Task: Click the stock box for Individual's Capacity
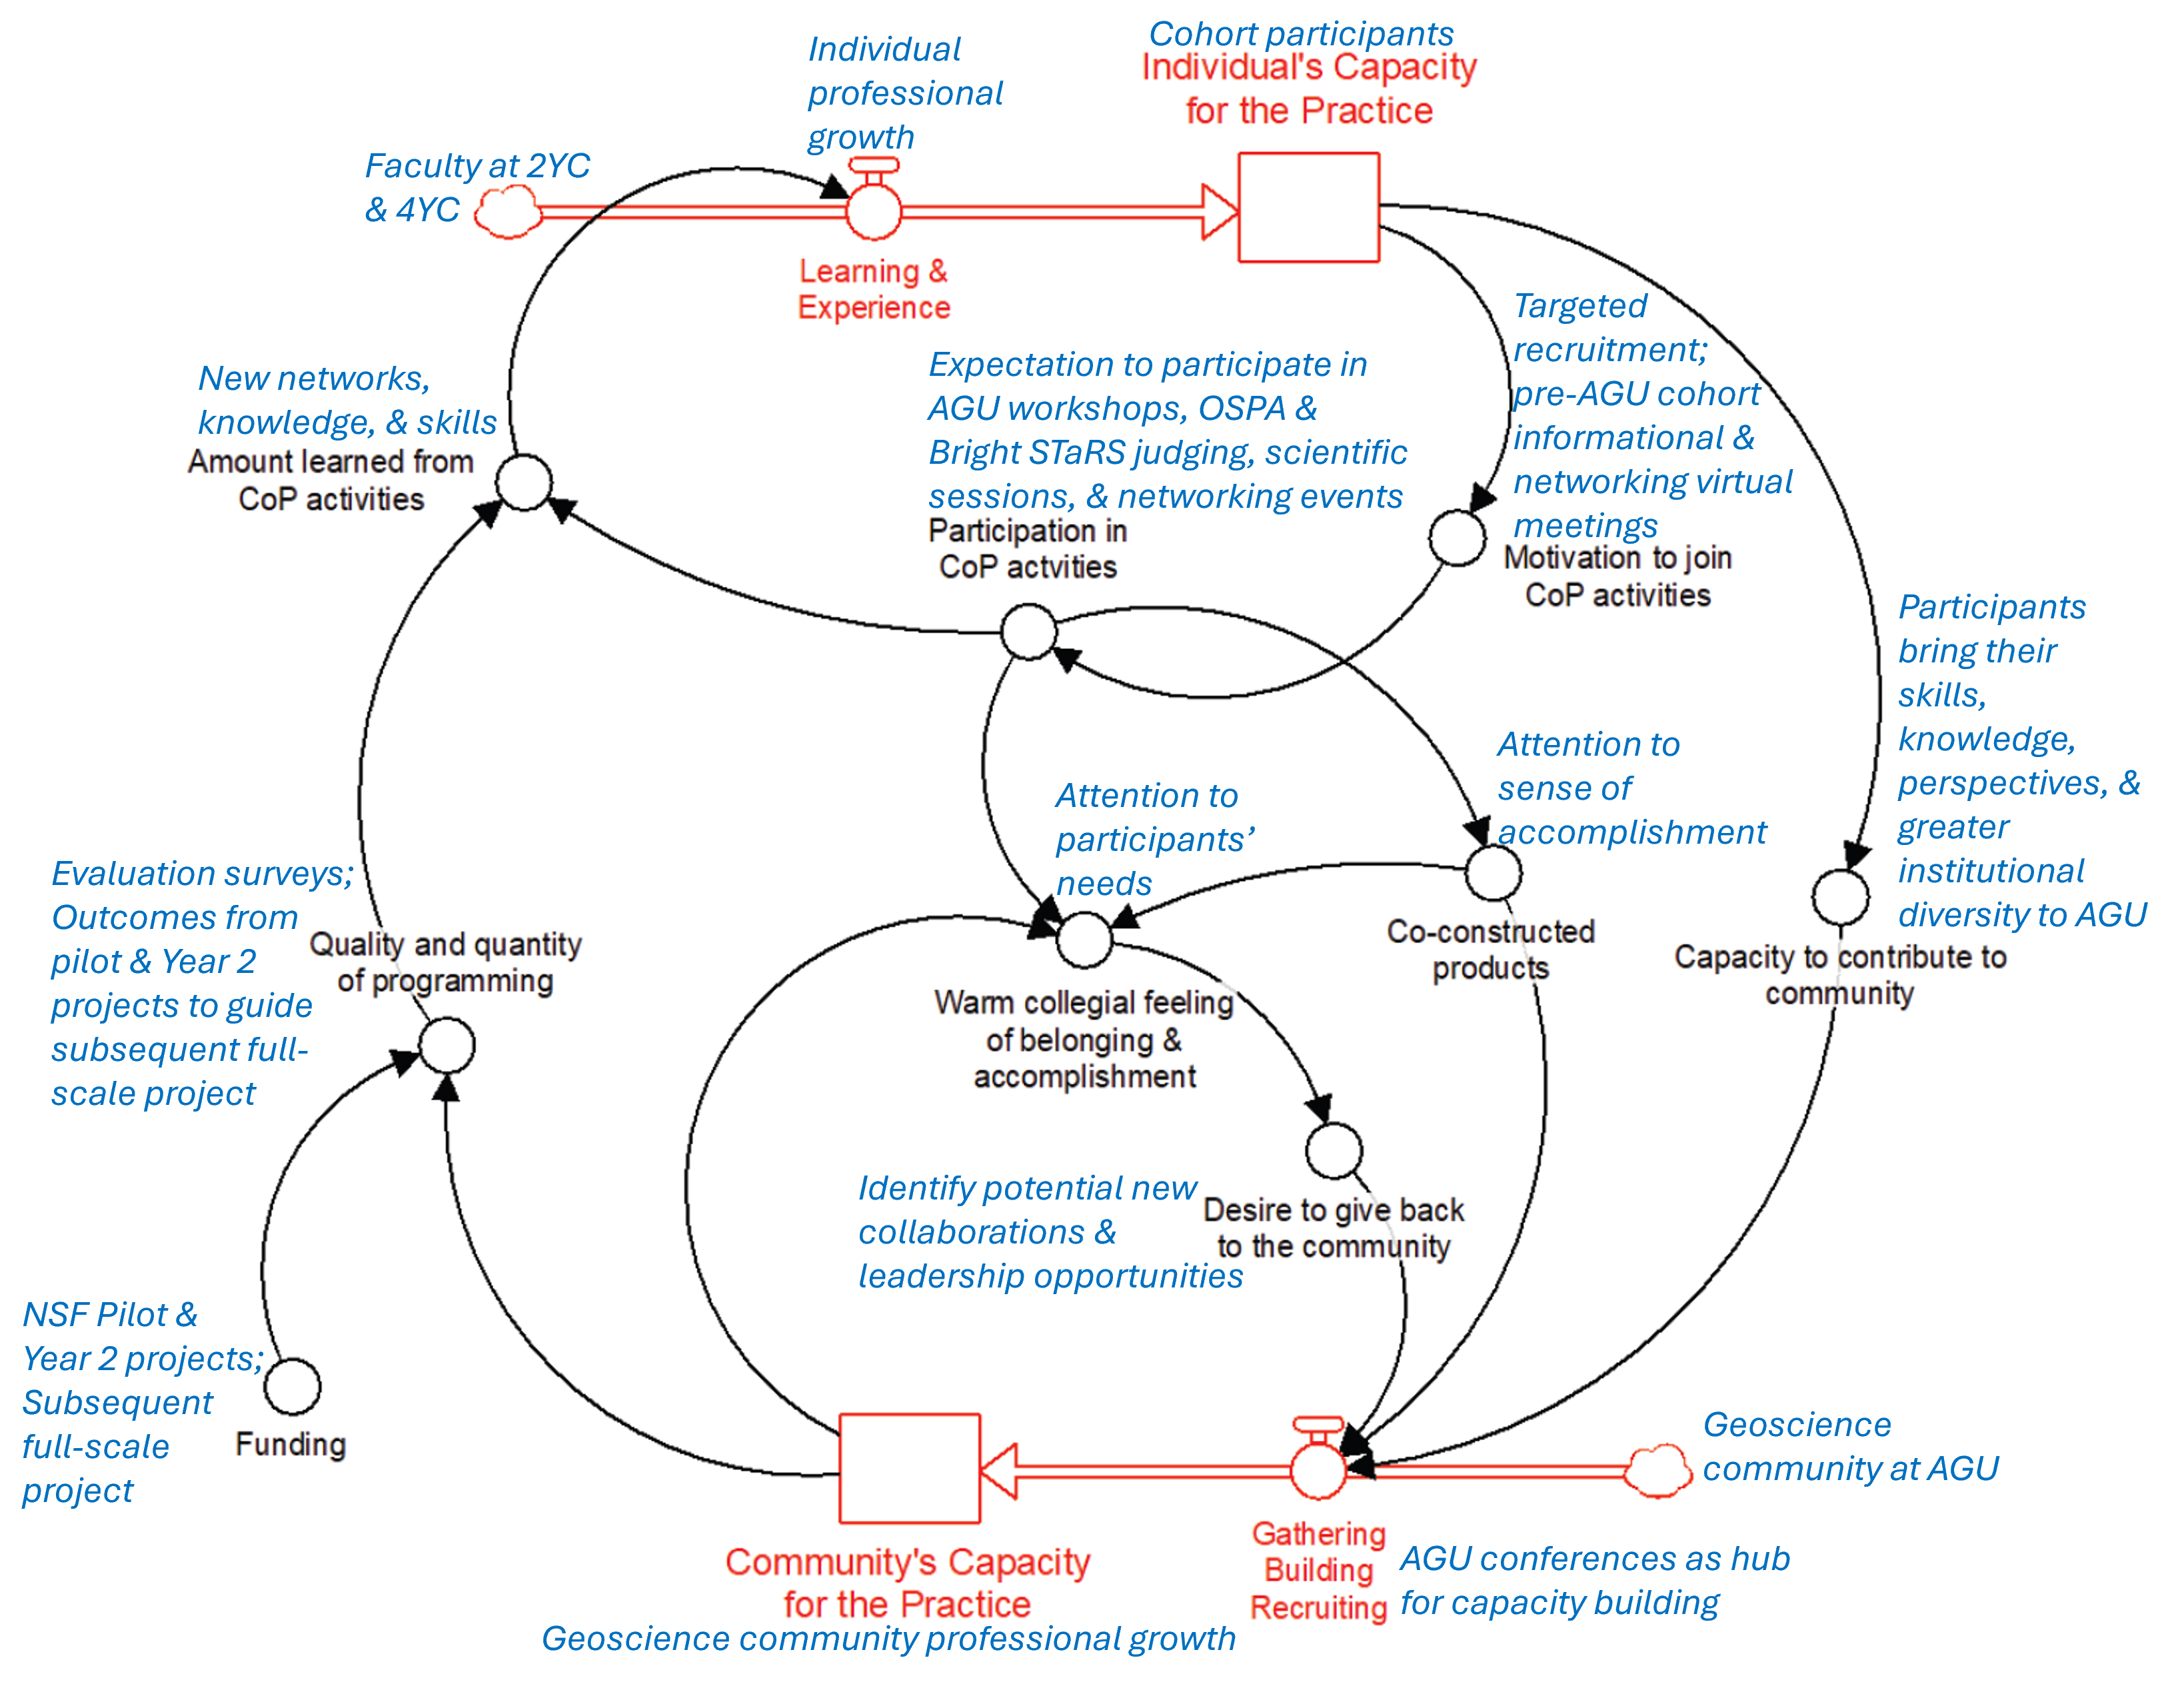coord(1308,207)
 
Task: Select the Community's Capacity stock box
coord(909,1468)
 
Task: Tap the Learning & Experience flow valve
coord(873,211)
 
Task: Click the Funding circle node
coord(293,1387)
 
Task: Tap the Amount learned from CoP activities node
coord(524,482)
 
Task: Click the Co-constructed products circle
coord(1493,872)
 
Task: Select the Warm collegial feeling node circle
coord(1084,939)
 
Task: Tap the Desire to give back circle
coord(1334,1151)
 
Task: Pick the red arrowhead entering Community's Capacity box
coord(998,1470)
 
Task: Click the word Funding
coord(291,1444)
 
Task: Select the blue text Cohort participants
coord(1301,34)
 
